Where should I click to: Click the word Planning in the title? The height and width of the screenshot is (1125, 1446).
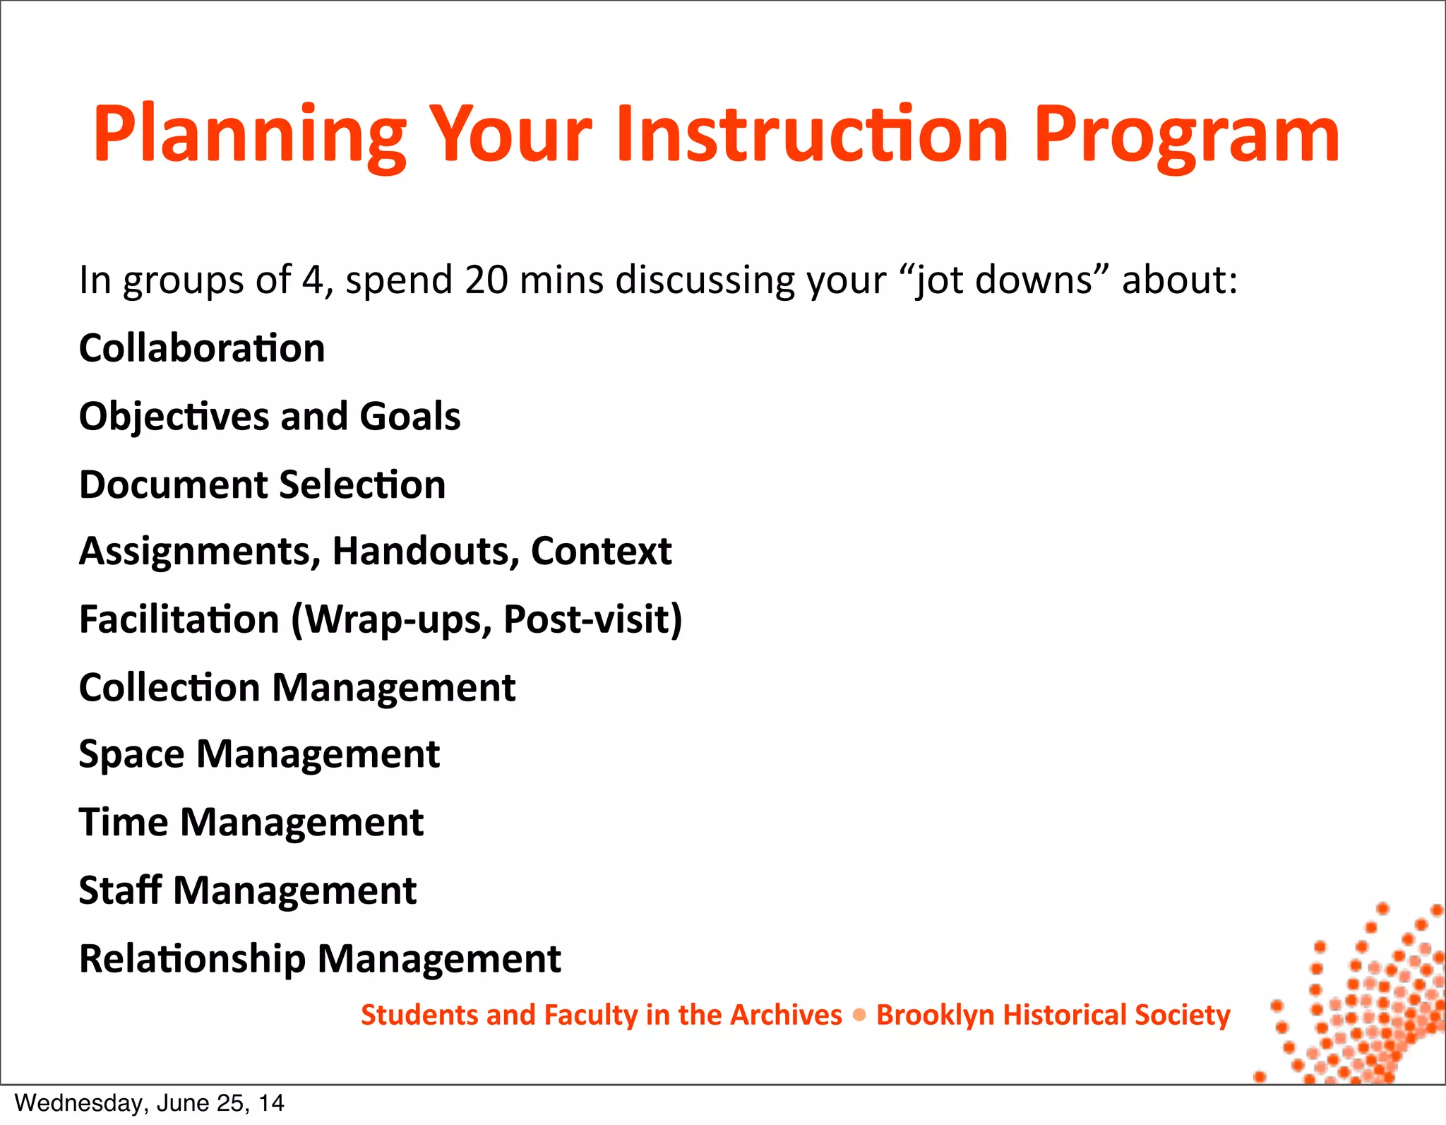click(249, 134)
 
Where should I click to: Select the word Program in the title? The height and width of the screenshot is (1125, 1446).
click(1186, 134)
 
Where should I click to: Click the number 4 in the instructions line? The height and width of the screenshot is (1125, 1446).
click(312, 280)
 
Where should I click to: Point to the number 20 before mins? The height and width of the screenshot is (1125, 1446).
click(486, 280)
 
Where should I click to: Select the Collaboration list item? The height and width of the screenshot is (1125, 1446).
click(202, 348)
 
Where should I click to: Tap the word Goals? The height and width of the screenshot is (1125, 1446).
click(410, 416)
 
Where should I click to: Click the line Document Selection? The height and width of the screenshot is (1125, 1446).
click(262, 484)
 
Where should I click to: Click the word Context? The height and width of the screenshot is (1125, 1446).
click(601, 551)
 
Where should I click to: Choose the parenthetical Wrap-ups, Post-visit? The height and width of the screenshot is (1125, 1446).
click(487, 619)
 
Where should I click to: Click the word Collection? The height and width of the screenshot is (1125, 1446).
click(169, 687)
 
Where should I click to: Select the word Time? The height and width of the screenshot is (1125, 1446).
click(123, 822)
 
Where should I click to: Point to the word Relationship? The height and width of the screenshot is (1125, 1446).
click(192, 958)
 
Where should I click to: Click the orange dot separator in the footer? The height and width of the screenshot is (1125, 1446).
click(859, 1015)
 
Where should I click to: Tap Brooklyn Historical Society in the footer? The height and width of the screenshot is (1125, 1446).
click(1053, 1015)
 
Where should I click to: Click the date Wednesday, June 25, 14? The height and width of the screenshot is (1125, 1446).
click(149, 1102)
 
